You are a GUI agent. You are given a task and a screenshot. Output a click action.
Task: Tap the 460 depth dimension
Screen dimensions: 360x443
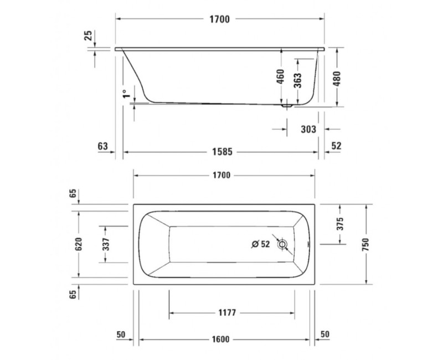pos(280,76)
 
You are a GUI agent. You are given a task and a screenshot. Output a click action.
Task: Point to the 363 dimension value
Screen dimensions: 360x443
pos(297,81)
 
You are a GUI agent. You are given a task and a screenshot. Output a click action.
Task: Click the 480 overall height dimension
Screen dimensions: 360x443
pos(336,78)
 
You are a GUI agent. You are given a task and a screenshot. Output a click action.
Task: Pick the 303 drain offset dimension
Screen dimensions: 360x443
pos(308,129)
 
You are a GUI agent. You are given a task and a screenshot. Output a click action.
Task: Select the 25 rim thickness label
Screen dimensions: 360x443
pos(87,37)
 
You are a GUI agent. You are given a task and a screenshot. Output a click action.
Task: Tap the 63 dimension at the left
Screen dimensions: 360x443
pos(102,146)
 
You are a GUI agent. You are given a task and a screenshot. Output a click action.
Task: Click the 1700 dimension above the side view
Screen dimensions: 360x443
pos(220,19)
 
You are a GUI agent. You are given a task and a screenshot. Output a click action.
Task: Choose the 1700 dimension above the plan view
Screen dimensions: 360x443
pos(220,176)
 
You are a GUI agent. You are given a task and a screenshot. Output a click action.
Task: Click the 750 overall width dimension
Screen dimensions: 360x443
pos(365,243)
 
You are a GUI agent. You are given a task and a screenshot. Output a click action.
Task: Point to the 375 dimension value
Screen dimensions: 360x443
pos(340,224)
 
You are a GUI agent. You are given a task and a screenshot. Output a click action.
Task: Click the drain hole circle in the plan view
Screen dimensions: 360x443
pos(283,244)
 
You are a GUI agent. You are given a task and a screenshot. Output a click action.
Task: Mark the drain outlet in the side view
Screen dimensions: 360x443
pos(286,104)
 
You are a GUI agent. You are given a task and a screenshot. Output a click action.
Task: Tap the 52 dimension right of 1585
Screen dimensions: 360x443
pos(336,146)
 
